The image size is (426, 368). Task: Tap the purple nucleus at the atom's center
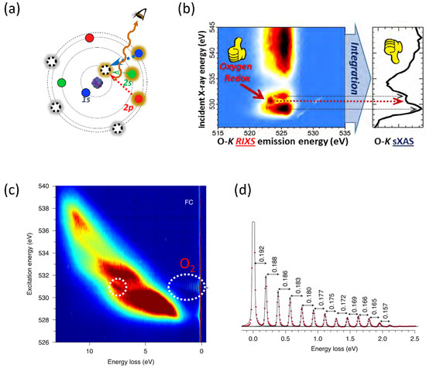pos(98,80)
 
